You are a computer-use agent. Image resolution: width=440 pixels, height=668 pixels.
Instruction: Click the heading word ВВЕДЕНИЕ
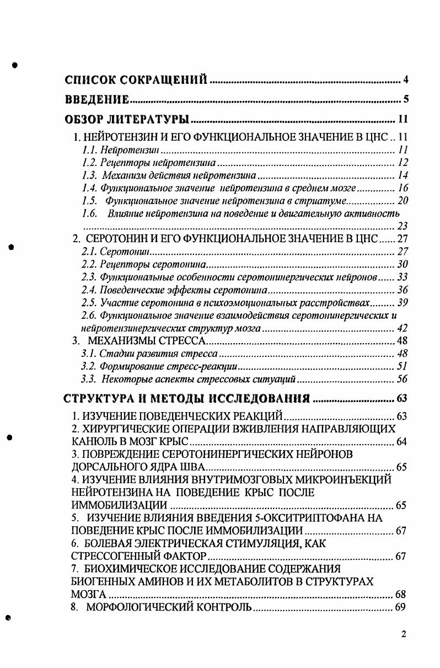(x=97, y=100)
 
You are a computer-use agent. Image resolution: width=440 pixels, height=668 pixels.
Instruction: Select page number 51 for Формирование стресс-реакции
(x=402, y=366)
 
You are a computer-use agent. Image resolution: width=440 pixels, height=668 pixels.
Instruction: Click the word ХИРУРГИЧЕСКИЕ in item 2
(x=126, y=428)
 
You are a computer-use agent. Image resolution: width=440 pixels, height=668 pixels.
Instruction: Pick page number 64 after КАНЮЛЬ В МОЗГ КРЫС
(x=402, y=441)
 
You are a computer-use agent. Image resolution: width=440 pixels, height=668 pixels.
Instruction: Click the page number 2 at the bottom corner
(x=404, y=634)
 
